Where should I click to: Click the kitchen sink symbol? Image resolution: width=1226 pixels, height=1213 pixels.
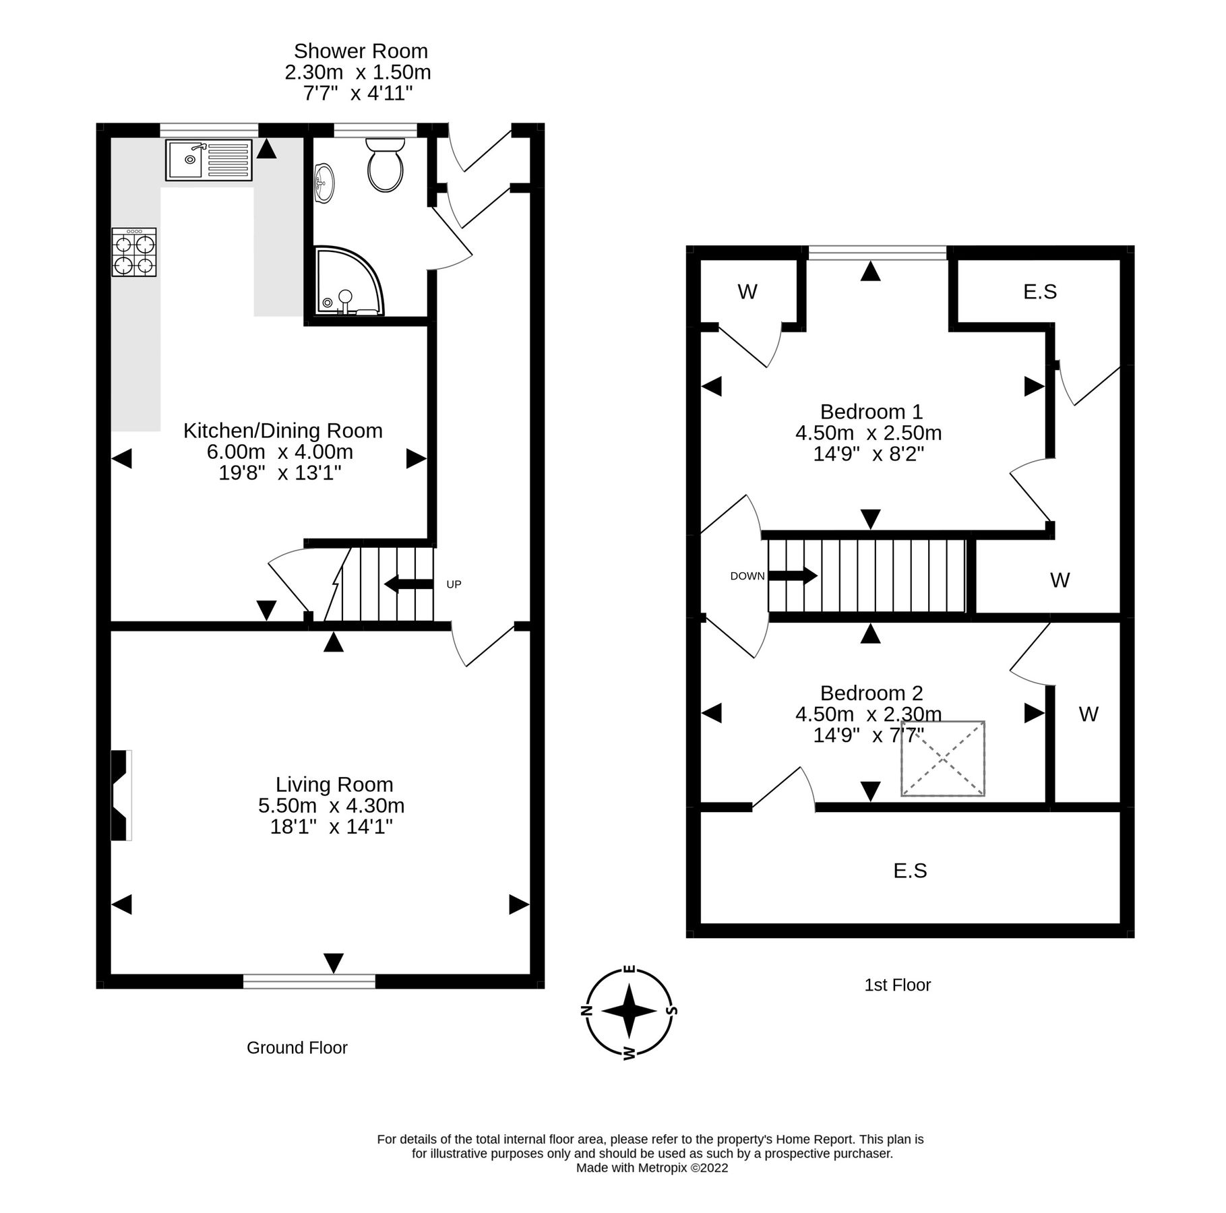[x=209, y=160]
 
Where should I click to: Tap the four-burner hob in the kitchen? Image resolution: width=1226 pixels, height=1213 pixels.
[x=134, y=252]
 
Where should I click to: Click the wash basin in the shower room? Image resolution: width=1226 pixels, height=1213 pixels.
[x=324, y=183]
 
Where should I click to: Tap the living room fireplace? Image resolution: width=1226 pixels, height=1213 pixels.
[x=121, y=795]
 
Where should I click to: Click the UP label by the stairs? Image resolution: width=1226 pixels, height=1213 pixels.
[x=454, y=584]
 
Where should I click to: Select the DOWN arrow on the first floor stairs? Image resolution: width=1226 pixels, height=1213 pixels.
[x=793, y=576]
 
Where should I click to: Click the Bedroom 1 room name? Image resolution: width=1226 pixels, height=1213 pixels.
[x=871, y=411]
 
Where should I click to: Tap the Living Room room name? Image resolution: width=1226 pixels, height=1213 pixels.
[x=334, y=784]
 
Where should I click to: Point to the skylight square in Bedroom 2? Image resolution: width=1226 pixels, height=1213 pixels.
[x=942, y=758]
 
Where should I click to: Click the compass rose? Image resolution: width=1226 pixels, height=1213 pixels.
[x=629, y=1011]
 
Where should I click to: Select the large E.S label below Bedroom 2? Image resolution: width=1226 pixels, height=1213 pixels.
[x=910, y=871]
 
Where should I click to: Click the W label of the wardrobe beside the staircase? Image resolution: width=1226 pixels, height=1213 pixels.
[x=1059, y=580]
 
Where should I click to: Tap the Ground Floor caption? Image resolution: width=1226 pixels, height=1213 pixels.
[x=297, y=1047]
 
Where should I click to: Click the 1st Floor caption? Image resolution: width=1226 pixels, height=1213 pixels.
[x=897, y=985]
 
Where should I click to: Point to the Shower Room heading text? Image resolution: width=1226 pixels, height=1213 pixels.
[x=361, y=51]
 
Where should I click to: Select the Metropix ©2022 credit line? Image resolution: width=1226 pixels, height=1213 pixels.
[x=651, y=1168]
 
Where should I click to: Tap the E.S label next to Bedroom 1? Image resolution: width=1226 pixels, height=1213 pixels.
[x=1039, y=291]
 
